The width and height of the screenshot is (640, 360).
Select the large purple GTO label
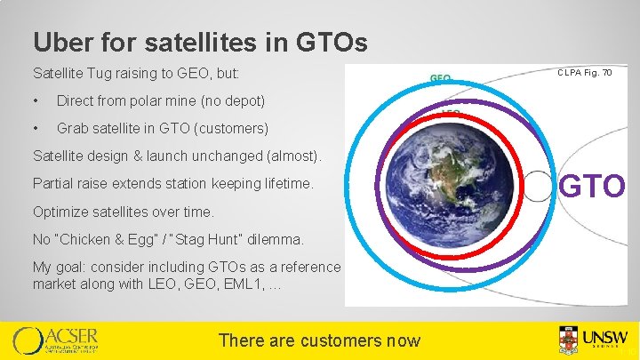pyautogui.click(x=592, y=188)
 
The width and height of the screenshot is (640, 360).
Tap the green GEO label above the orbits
pyautogui.click(x=441, y=78)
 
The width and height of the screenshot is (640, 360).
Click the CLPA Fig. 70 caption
pyautogui.click(x=584, y=72)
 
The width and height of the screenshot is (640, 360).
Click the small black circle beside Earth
pyautogui.click(x=540, y=188)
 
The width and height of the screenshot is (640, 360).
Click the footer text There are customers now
pyautogui.click(x=319, y=340)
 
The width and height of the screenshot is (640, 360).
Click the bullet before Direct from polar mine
pyautogui.click(x=36, y=100)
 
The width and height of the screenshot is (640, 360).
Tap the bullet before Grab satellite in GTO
pyautogui.click(x=36, y=129)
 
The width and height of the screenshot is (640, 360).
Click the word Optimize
pyautogui.click(x=60, y=212)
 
